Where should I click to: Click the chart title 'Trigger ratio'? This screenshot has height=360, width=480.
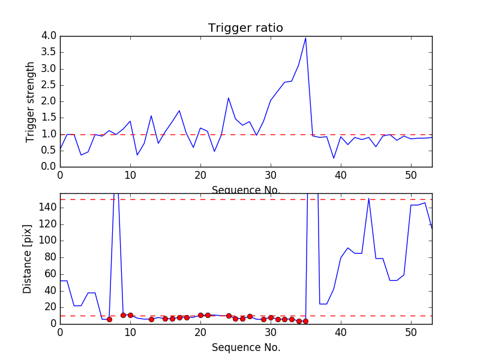point(245,28)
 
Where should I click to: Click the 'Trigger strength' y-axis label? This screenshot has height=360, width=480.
point(31,101)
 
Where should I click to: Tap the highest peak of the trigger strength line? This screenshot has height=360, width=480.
point(305,38)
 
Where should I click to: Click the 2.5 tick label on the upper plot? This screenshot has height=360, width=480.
point(49,85)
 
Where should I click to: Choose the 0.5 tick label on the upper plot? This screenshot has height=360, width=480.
point(49,150)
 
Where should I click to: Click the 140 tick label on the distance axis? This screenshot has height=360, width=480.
point(46,208)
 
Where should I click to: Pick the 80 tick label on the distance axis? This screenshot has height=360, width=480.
point(49,257)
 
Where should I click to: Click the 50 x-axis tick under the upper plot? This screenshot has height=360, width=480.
point(411,175)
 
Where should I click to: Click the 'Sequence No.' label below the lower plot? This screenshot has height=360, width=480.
point(245,347)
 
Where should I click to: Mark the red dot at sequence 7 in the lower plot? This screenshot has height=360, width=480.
point(109,319)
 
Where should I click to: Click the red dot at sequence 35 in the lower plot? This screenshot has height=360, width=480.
point(305,321)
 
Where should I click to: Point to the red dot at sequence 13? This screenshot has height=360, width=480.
point(151,319)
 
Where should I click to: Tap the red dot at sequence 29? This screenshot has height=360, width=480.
point(263,319)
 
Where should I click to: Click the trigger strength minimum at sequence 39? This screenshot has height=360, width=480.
point(334,158)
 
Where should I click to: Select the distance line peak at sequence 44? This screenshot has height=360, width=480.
point(369,199)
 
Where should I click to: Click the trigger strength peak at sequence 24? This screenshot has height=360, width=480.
point(229,98)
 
